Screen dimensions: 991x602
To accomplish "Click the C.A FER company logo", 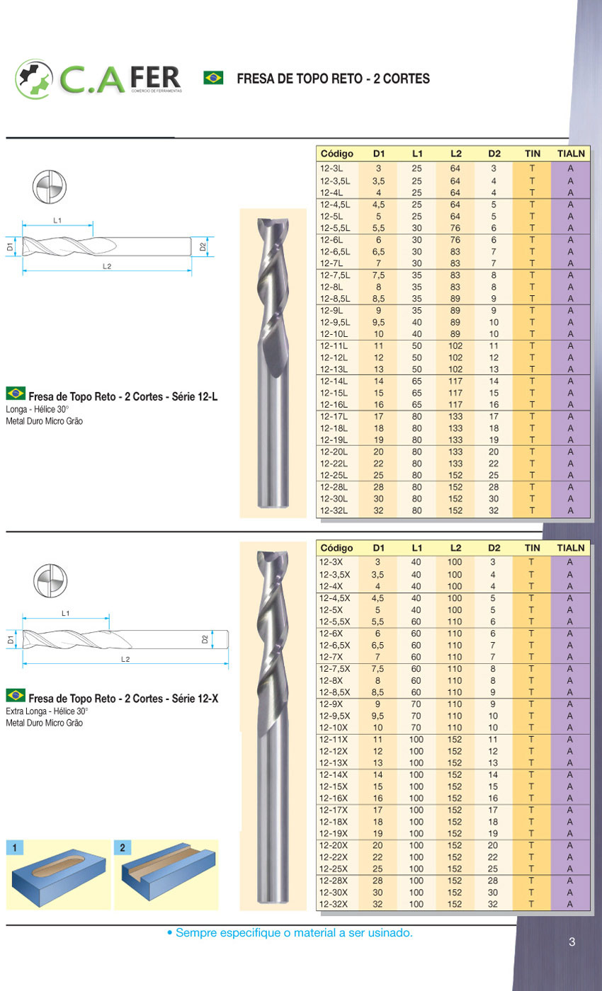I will (99, 78).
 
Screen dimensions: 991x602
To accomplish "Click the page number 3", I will (572, 941).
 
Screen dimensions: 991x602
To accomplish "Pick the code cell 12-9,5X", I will (334, 716).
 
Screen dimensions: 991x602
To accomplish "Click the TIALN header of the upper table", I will (570, 153).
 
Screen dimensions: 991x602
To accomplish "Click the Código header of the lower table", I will (336, 548).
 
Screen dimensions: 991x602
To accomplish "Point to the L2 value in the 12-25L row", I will (455, 475).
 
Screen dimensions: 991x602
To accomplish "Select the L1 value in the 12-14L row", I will (416, 381).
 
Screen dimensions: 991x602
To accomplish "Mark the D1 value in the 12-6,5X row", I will (378, 645).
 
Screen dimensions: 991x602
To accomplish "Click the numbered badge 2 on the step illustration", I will (123, 847).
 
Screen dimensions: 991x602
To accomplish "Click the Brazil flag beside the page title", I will (213, 78).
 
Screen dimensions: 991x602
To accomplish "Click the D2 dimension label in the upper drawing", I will (203, 247).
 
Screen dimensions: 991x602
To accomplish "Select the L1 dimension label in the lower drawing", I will (65, 613).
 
